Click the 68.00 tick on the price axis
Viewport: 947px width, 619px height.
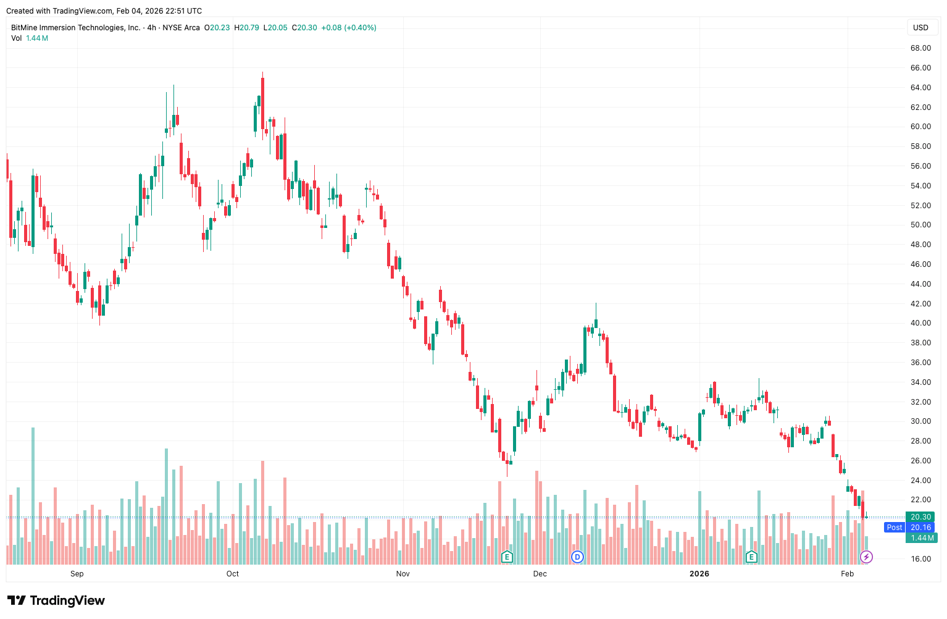tap(920, 48)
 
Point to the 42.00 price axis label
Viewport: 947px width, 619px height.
tap(920, 304)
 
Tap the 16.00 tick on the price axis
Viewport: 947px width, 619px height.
tap(920, 559)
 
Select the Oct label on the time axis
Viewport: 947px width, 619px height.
tap(233, 574)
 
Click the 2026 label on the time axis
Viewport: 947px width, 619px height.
tap(699, 574)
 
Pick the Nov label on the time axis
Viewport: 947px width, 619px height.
tap(403, 574)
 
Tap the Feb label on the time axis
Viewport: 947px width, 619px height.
tap(847, 574)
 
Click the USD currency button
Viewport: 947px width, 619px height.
tap(920, 28)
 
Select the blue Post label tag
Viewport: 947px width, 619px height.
tap(894, 528)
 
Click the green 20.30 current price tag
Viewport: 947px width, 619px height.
tap(920, 517)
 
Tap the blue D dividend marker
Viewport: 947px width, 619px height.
tap(577, 557)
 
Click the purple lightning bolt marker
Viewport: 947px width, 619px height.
tap(866, 557)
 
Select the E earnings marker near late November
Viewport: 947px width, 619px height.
tap(507, 557)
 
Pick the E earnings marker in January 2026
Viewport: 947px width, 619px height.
tap(751, 557)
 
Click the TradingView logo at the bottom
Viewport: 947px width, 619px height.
tap(56, 600)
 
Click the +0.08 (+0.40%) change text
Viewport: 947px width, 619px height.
tap(349, 28)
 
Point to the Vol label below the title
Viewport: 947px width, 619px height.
tap(17, 38)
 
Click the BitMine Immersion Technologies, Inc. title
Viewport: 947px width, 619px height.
tap(75, 28)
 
